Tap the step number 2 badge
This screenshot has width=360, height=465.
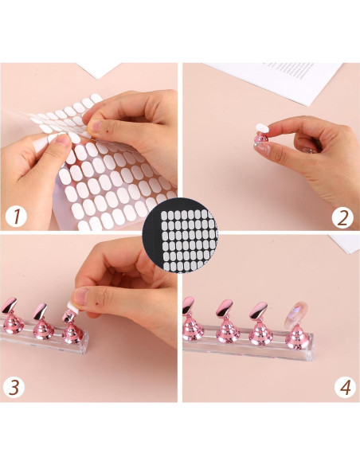342,215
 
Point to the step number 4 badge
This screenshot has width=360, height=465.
343,388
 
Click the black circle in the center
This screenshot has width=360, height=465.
180,233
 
